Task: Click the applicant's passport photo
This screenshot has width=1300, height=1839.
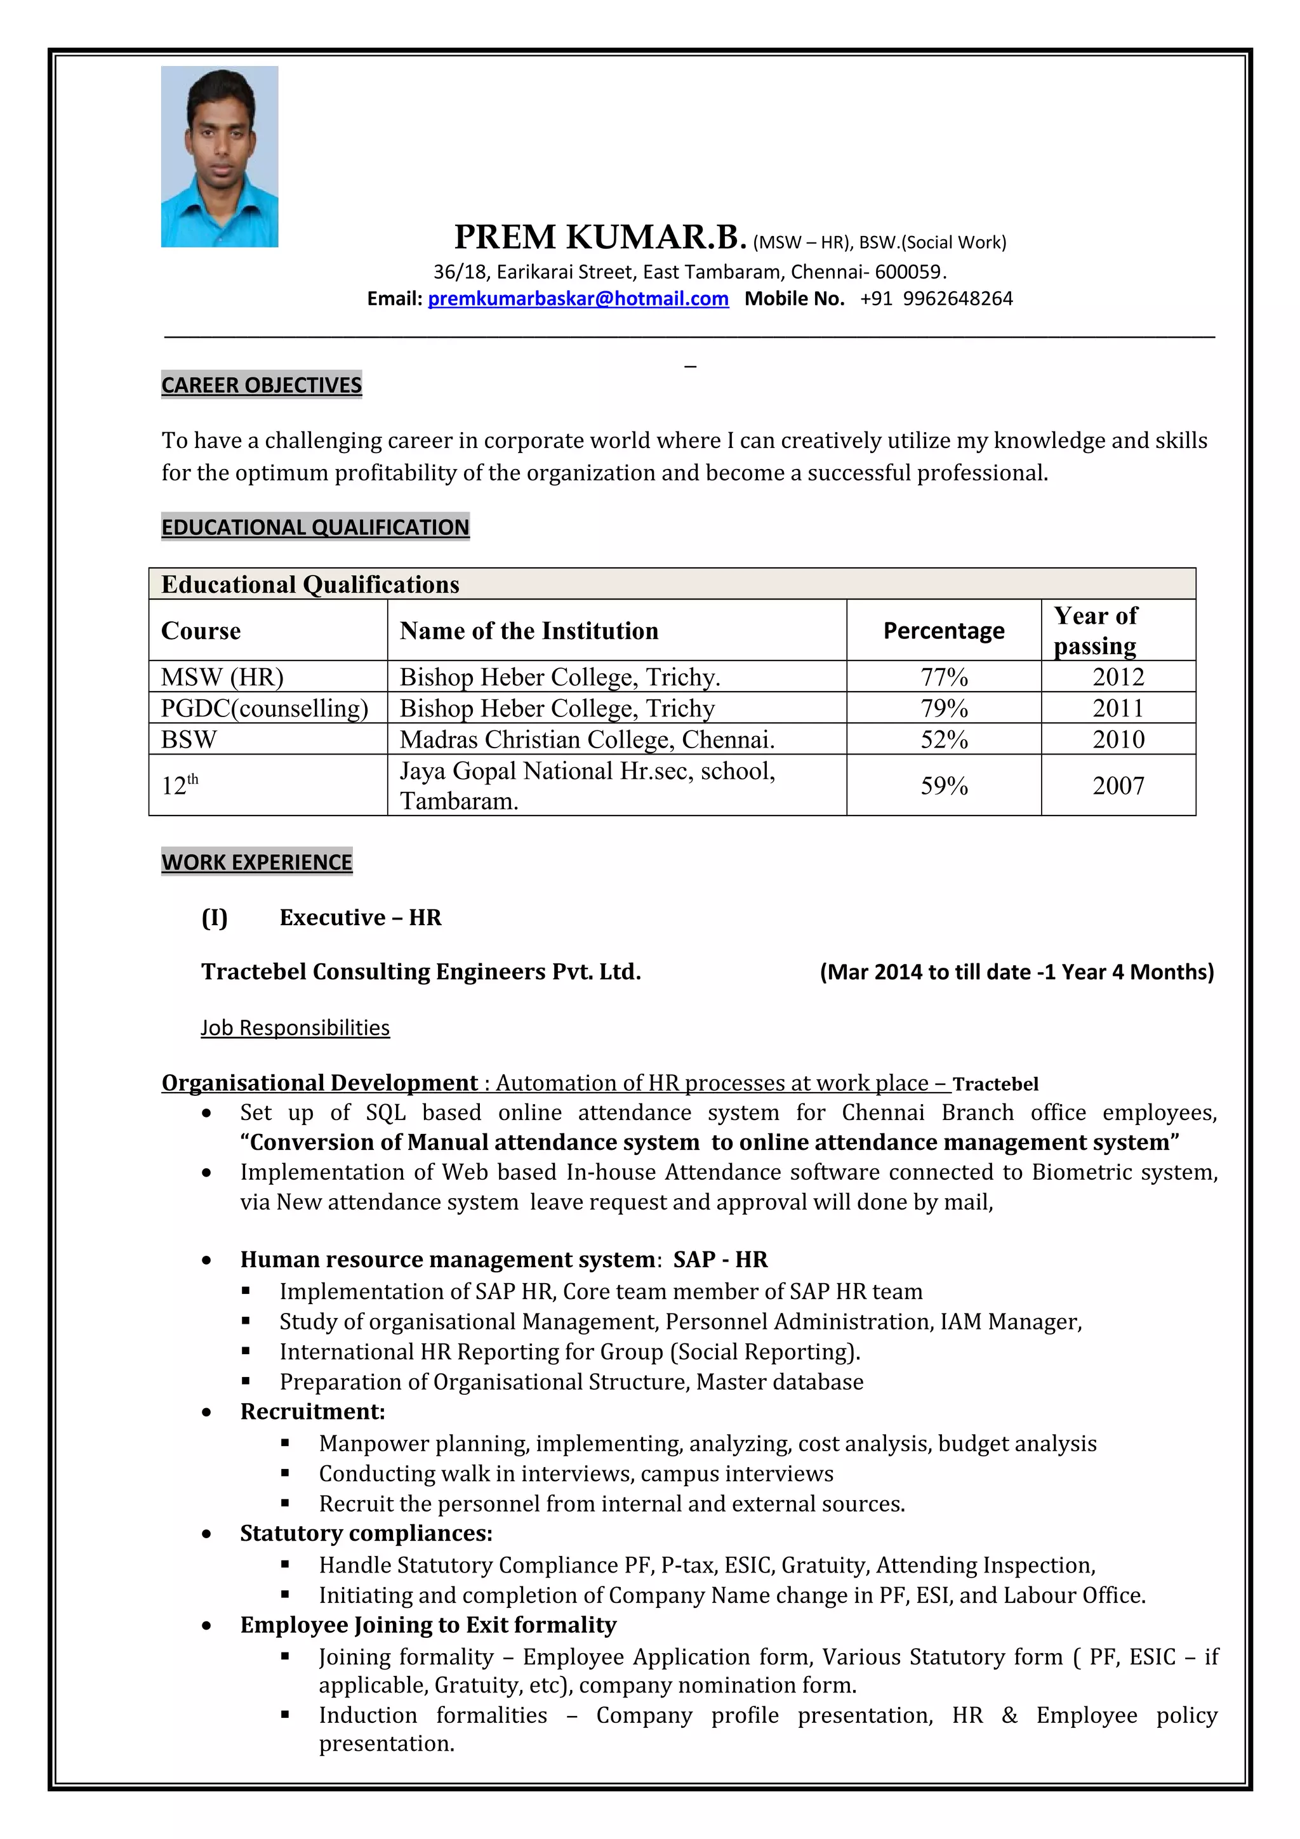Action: tap(220, 156)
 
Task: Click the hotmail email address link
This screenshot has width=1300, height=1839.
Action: tap(578, 299)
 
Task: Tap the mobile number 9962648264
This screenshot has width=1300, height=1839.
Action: tap(957, 299)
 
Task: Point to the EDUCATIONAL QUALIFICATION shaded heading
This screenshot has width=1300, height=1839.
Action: tap(315, 527)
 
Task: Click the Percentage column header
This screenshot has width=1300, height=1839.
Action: tap(943, 631)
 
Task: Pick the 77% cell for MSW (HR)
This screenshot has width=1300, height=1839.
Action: tap(943, 678)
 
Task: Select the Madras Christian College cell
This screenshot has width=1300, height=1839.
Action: tap(587, 739)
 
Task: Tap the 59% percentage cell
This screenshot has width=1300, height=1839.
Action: tap(943, 786)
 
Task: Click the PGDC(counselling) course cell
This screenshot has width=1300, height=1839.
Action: tap(264, 709)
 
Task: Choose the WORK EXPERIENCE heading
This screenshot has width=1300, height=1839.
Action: tap(256, 862)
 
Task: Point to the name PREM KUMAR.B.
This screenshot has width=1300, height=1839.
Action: tap(600, 237)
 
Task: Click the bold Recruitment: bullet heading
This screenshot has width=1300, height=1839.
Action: tap(312, 1411)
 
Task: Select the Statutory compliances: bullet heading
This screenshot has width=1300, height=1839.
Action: tap(366, 1533)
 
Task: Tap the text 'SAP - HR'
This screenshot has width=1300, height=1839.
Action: tap(720, 1260)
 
